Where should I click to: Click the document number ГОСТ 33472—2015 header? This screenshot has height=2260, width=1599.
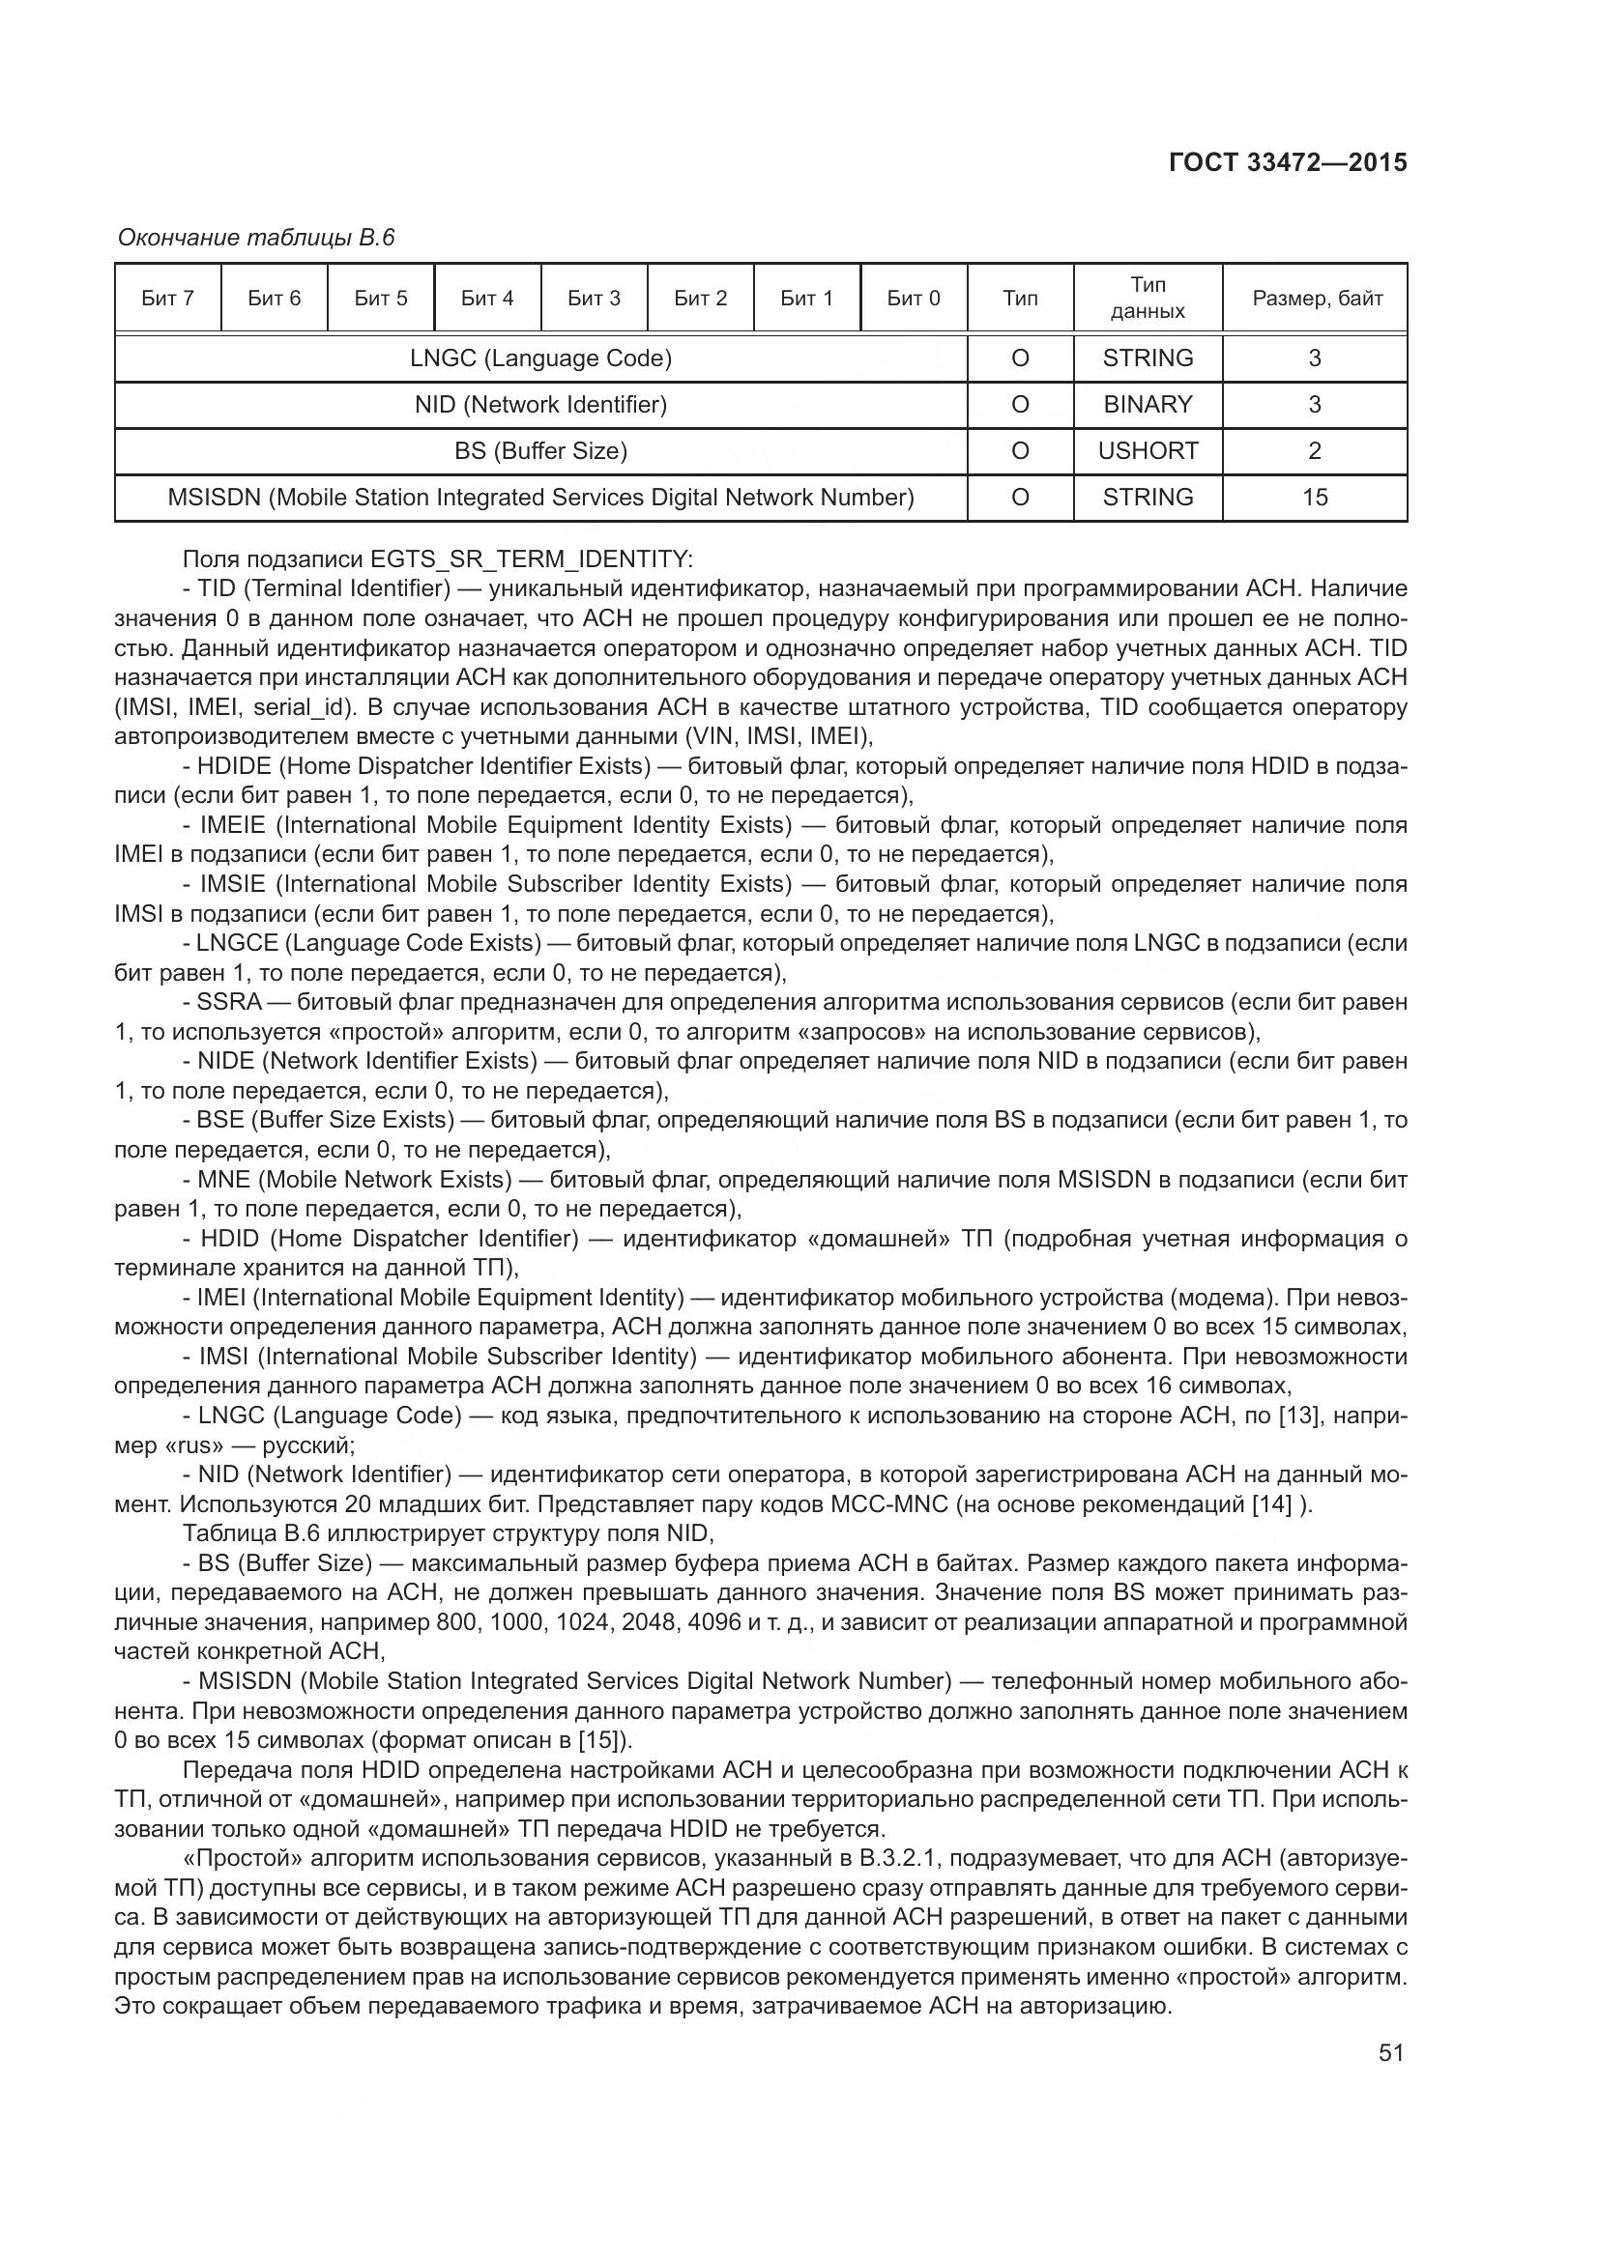(x=1287, y=162)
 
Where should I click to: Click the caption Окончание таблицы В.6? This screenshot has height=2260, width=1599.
(x=256, y=238)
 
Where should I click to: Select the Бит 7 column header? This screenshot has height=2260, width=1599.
(x=167, y=299)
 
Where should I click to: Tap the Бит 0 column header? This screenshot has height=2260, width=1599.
(x=913, y=299)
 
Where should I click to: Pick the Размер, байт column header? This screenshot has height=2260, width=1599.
(x=1317, y=299)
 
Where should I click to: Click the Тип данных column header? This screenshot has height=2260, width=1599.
(x=1148, y=298)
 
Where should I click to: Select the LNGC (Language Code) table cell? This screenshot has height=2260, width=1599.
(x=540, y=358)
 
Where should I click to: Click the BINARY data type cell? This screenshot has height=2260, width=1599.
(x=1148, y=405)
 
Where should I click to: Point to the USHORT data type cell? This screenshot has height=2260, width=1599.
(x=1148, y=451)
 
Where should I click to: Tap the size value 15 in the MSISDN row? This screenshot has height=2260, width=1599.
(x=1315, y=497)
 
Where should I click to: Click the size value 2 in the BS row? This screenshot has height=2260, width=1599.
(x=1315, y=451)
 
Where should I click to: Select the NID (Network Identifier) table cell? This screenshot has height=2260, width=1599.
(x=540, y=405)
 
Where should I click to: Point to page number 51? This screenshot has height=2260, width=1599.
(x=1390, y=2052)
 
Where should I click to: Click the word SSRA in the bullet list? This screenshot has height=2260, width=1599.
(x=229, y=1002)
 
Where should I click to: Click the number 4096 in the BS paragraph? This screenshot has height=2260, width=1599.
(x=713, y=1622)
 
